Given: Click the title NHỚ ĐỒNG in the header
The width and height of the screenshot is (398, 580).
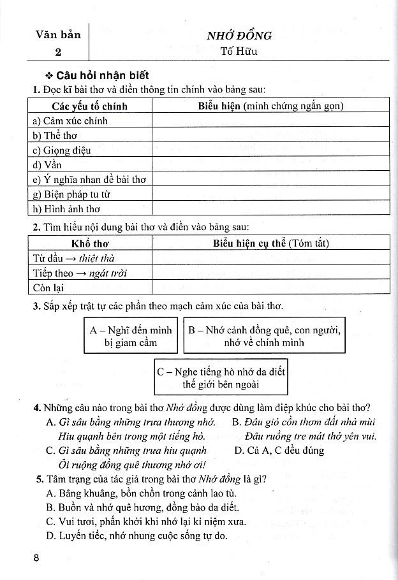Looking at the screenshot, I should click(239, 35).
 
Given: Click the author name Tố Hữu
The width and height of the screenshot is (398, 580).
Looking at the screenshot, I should click(239, 52).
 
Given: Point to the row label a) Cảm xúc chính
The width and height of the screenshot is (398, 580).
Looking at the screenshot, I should click(70, 121).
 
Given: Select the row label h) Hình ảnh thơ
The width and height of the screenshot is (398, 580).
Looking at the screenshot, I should click(66, 208).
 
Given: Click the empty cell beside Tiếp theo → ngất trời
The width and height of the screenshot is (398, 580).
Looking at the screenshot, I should click(270, 273).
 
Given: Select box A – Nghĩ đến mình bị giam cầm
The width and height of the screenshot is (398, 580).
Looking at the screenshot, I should click(131, 337).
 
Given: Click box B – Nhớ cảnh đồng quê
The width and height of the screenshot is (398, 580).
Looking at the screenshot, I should click(264, 337).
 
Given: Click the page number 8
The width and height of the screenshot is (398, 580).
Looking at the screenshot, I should click(36, 559).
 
